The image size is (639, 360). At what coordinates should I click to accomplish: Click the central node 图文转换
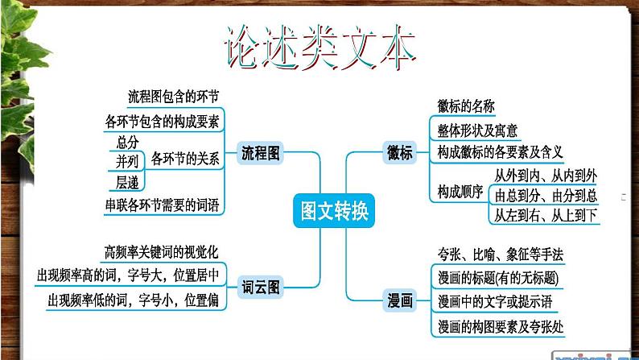click(333, 211)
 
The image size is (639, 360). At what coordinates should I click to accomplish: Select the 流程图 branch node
click(261, 152)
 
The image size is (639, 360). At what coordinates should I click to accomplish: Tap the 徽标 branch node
click(400, 152)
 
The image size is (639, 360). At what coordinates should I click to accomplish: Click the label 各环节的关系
click(185, 159)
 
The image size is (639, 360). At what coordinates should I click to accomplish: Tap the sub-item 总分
click(127, 142)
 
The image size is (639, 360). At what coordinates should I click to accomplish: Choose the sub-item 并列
click(127, 161)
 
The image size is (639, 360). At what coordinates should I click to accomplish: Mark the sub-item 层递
click(127, 180)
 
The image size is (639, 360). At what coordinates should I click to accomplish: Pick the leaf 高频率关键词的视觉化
click(162, 251)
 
